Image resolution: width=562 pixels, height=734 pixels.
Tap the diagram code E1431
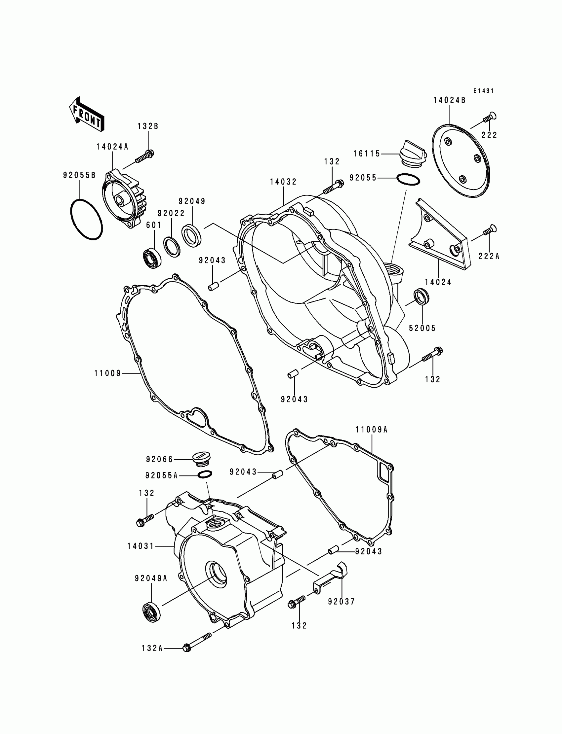[x=483, y=91]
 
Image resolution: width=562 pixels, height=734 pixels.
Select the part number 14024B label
[x=449, y=100]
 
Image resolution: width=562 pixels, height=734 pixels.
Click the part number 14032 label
[x=283, y=182]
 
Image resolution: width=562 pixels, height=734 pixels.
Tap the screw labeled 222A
[x=490, y=231]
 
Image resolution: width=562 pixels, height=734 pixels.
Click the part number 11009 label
[x=107, y=373]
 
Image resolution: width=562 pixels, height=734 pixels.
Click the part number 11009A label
[x=371, y=430]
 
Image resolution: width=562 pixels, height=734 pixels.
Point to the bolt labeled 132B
[x=144, y=157]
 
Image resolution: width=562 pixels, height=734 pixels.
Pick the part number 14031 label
[x=140, y=546]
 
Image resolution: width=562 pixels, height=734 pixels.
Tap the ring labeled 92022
[x=172, y=247]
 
